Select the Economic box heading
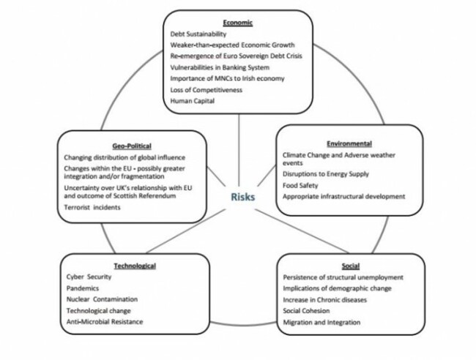click(239, 22)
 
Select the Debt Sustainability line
click(198, 34)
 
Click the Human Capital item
click(192, 102)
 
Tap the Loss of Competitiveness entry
click(206, 90)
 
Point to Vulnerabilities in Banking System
click(217, 67)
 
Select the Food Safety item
click(302, 186)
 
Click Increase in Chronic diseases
click(326, 300)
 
